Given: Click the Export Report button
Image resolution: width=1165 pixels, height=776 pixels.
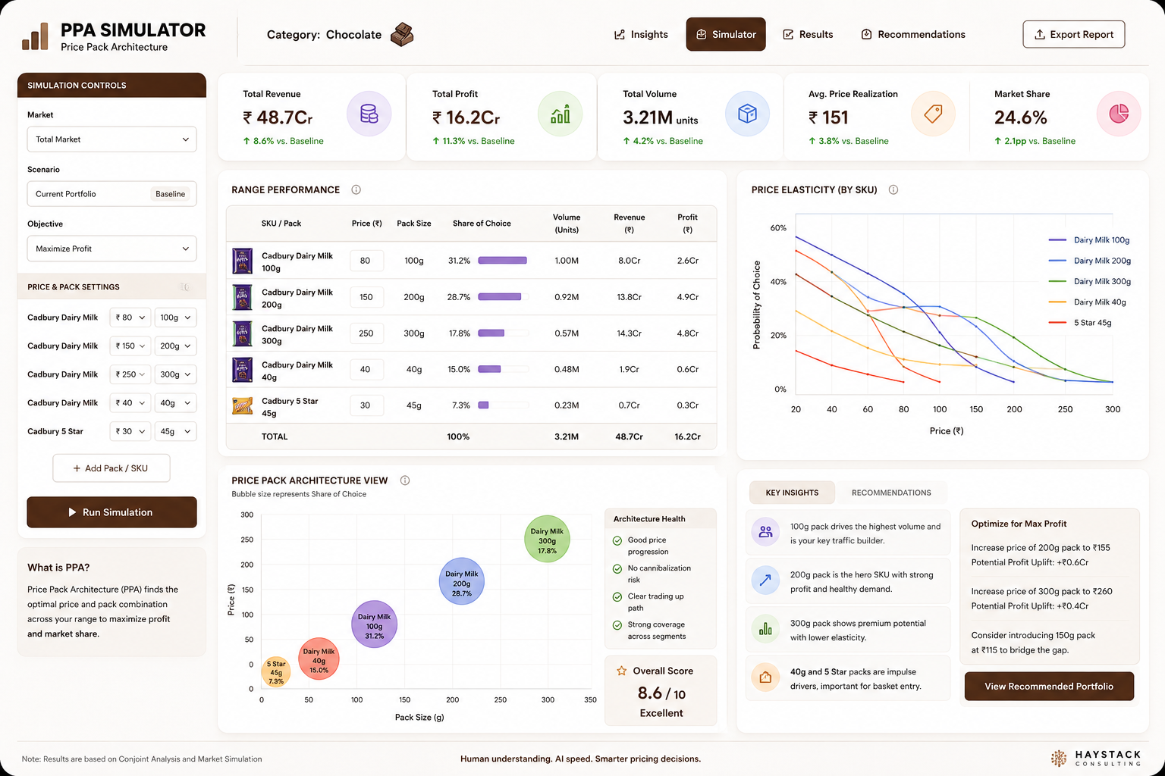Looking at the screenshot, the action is click(x=1073, y=34).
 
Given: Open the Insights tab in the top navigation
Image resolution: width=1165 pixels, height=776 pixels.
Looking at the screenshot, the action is click(x=641, y=34).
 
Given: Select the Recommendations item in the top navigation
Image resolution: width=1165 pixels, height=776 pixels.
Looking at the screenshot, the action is click(x=912, y=34).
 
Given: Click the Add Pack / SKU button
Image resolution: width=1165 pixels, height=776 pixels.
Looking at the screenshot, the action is click(x=111, y=468).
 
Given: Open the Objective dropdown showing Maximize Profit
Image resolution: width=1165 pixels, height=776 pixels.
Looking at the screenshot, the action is click(x=111, y=249).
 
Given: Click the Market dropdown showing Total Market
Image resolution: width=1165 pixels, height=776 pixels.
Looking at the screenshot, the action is click(x=111, y=139).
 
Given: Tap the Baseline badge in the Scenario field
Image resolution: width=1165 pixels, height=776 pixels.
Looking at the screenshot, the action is click(x=170, y=194).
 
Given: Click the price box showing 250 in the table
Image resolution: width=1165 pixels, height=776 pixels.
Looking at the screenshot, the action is click(x=366, y=333).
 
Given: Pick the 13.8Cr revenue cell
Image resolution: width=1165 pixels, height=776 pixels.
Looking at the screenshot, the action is click(x=629, y=297).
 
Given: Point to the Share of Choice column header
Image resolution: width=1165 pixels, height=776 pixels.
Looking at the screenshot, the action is click(x=482, y=224).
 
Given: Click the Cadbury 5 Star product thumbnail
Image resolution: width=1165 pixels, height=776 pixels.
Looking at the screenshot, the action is click(x=243, y=405).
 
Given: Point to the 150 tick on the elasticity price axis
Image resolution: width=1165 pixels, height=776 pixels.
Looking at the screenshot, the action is click(x=976, y=409).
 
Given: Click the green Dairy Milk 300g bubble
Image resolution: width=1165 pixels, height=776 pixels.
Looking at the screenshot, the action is click(x=547, y=539).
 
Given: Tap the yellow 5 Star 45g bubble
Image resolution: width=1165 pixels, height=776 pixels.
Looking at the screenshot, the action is click(x=275, y=671).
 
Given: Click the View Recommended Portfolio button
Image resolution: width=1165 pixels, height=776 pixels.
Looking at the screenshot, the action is click(x=1049, y=686).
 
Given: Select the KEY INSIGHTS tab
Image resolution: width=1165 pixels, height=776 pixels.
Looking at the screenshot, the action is click(x=792, y=493).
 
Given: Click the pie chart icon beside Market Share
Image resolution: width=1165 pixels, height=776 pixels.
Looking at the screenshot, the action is click(x=1118, y=114).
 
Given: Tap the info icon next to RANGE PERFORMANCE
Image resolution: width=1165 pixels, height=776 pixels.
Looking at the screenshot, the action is click(x=356, y=189).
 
